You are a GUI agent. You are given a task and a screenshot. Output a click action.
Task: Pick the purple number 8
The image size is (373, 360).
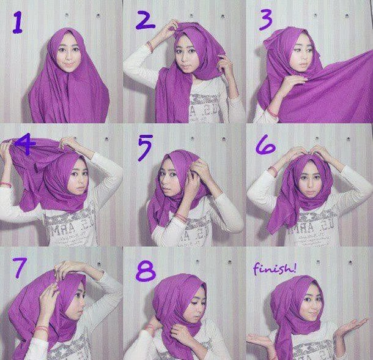point(146,269)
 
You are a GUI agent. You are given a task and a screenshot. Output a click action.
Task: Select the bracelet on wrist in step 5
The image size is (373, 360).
point(181,219)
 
